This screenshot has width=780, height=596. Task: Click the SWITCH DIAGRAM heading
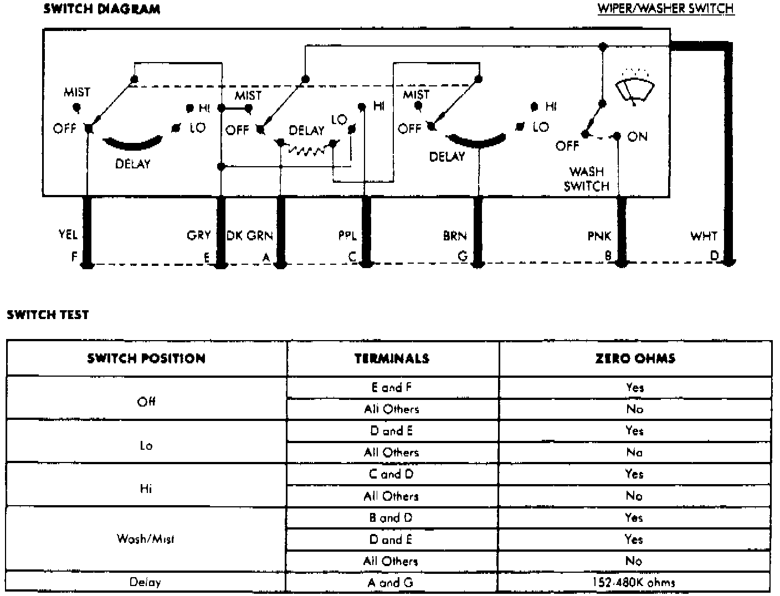click(101, 9)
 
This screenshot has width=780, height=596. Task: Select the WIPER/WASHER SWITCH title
click(666, 9)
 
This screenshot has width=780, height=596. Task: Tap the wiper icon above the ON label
click(635, 88)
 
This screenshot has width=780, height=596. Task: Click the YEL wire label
click(68, 235)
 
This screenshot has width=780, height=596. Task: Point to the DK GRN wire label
click(250, 235)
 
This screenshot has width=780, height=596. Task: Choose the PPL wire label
click(347, 235)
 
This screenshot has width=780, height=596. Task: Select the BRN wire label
click(455, 236)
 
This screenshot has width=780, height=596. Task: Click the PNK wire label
click(599, 236)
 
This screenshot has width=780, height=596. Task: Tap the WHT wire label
click(704, 236)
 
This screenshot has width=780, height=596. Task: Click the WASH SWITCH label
click(586, 179)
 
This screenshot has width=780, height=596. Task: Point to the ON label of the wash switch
click(637, 136)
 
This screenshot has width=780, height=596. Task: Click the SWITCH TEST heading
click(48, 315)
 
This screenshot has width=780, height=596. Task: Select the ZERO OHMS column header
click(635, 358)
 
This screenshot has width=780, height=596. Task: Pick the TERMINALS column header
click(392, 358)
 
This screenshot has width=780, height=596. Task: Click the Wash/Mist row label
click(146, 538)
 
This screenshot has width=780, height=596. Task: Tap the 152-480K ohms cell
click(635, 582)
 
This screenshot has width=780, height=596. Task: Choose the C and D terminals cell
click(392, 474)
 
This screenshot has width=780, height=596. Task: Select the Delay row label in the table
click(146, 582)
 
